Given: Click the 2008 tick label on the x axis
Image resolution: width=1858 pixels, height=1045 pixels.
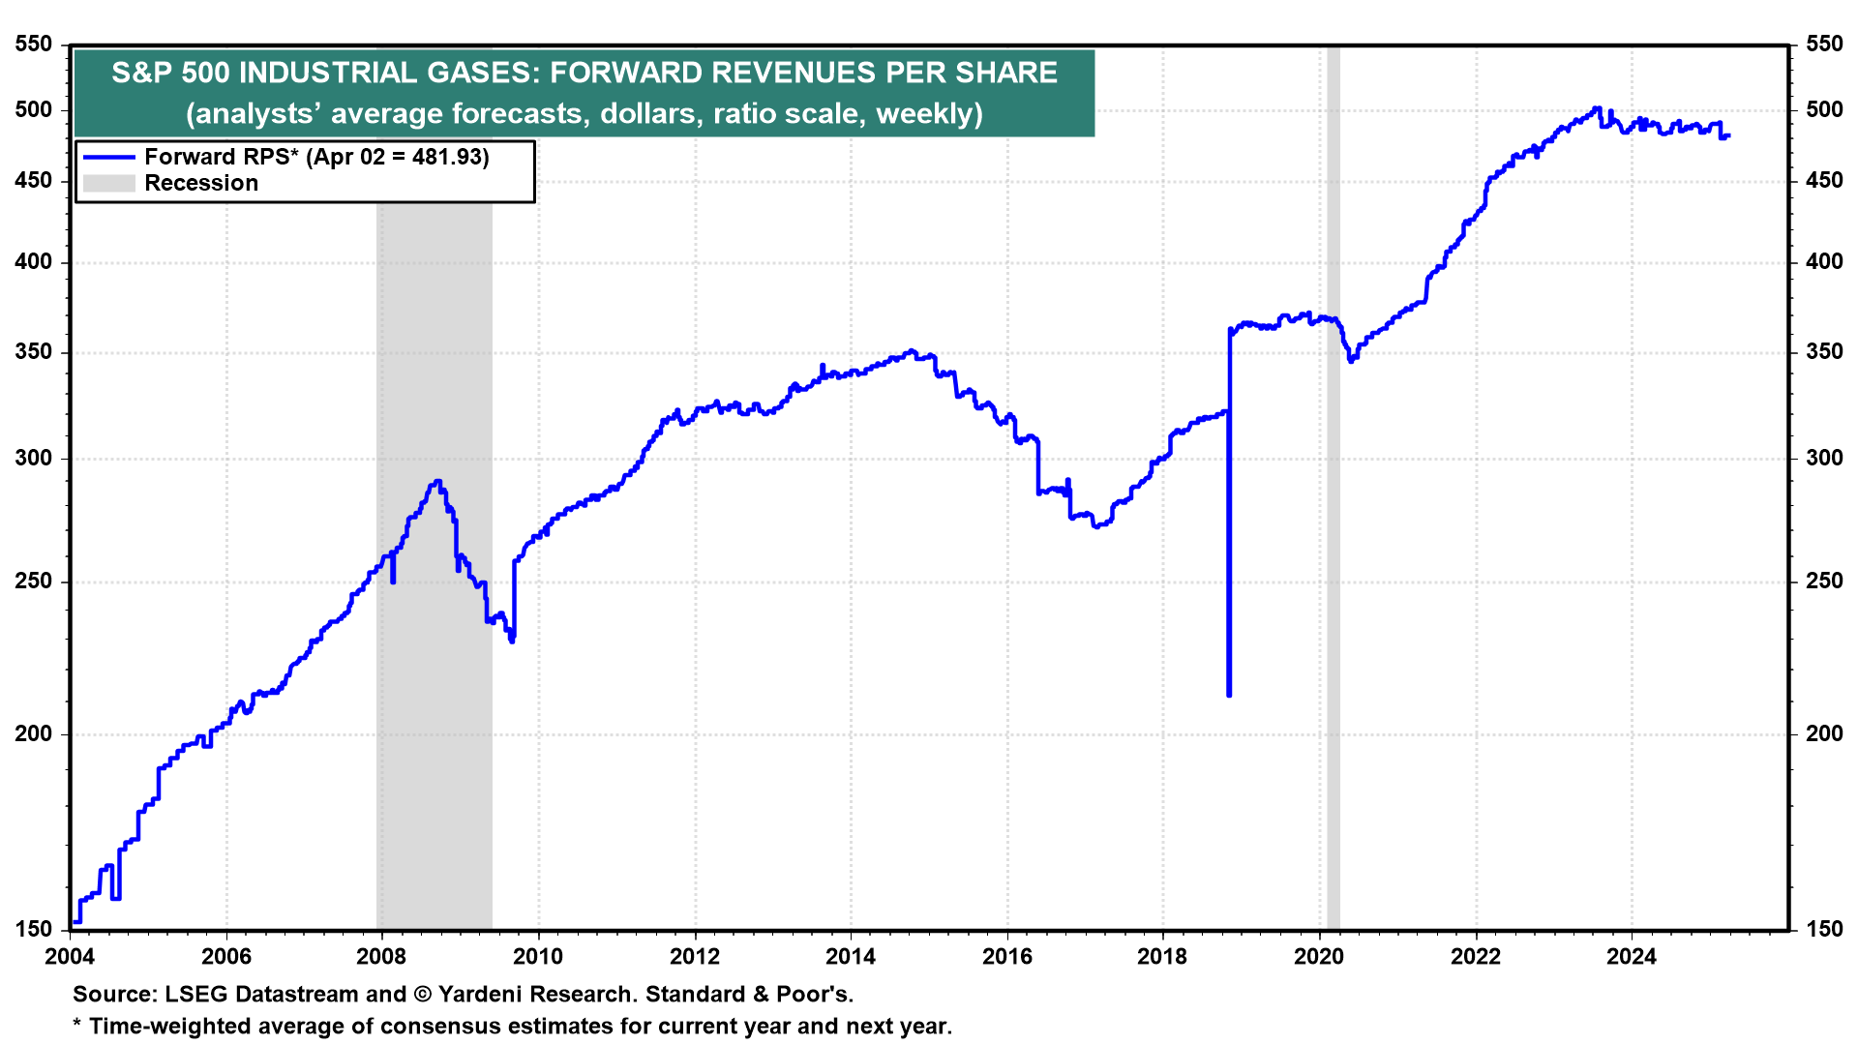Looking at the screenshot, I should pos(381,957).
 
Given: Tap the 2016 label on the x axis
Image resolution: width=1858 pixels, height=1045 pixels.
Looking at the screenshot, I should pos(1006,957).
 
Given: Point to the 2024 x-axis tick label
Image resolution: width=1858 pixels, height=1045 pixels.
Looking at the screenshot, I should pos(1632,957).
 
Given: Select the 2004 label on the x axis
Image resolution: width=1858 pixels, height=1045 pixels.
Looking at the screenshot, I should pos(70,957).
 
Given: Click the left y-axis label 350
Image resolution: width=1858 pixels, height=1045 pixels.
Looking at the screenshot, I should pos(34,352).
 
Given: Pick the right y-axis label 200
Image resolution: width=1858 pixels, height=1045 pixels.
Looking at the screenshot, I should pos(1824,733).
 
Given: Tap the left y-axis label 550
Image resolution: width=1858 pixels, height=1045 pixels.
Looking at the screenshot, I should pos(34,45).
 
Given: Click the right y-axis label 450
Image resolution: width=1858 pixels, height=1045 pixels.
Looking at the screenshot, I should pos(1824,181).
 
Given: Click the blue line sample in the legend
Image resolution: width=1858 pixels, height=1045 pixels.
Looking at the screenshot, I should pos(108,157).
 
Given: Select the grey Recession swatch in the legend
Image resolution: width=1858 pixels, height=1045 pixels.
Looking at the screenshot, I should pos(108,183).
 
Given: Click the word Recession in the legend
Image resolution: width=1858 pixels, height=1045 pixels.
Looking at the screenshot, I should pos(201,183).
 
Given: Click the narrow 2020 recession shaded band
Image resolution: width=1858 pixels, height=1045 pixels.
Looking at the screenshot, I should pos(1333,484).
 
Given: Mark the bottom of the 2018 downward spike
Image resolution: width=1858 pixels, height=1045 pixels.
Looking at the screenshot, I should pos(1229,694).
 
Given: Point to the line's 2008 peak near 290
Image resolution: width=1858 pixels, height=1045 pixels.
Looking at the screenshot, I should pos(437,481).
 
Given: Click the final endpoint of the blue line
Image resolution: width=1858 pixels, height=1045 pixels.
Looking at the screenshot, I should pos(1728,135).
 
